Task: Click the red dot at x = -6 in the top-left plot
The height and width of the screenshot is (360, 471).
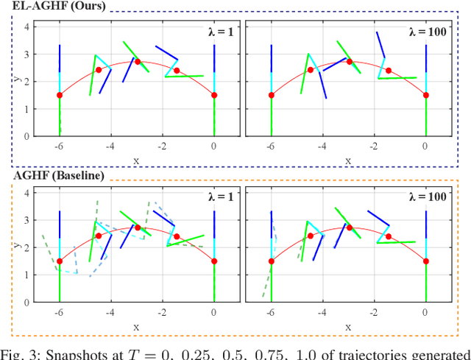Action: click(x=60, y=95)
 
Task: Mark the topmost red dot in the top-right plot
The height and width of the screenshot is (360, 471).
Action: click(x=350, y=61)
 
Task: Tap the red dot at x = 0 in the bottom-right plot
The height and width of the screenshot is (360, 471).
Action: click(x=426, y=261)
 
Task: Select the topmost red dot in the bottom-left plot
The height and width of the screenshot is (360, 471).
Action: click(x=138, y=227)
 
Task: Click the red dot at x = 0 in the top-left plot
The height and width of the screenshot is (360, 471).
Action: click(x=214, y=95)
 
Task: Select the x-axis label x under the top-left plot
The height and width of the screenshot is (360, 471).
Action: click(x=136, y=159)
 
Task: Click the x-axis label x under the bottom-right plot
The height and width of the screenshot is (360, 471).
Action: click(x=348, y=325)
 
